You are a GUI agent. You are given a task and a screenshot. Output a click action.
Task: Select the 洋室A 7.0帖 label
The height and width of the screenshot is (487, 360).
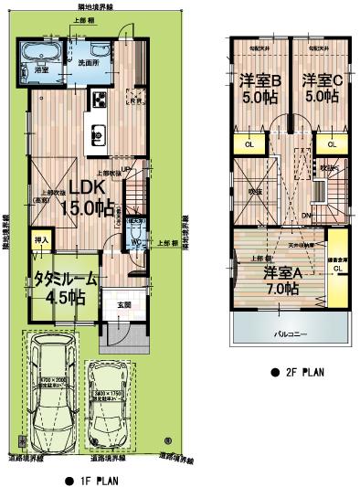(x=281, y=281)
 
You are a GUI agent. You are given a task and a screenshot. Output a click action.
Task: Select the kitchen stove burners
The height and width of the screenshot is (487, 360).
(x=97, y=99)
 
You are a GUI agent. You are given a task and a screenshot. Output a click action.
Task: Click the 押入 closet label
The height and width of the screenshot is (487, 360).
(x=41, y=240)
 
